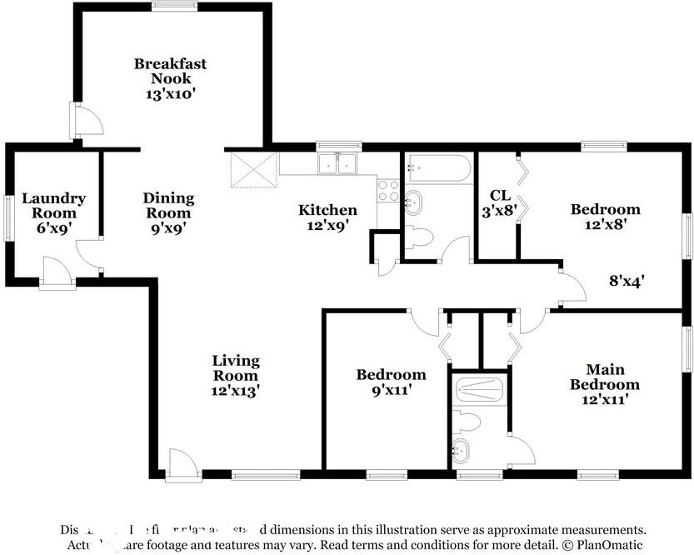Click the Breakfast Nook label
coord(170,71)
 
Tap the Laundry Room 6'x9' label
coord(53,212)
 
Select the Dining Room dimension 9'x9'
coord(168,227)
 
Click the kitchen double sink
coord(338,164)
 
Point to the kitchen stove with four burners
coord(388,191)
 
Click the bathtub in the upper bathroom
coord(438,168)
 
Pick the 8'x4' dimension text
coord(627,282)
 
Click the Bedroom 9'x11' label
coord(391,382)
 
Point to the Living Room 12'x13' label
coord(236,376)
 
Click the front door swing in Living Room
coord(182,463)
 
